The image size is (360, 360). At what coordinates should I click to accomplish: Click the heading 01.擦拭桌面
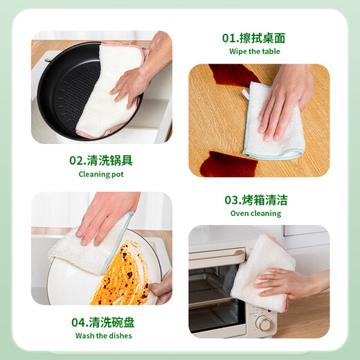[253, 38]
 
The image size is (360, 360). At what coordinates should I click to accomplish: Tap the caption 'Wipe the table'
[253, 51]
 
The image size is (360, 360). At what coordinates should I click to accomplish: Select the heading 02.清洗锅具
[100, 160]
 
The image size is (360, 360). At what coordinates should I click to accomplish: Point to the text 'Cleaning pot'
[100, 174]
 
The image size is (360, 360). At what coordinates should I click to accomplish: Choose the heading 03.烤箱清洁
[255, 200]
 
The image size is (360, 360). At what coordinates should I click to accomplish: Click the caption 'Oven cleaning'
[255, 213]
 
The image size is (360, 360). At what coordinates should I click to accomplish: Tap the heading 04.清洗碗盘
[103, 322]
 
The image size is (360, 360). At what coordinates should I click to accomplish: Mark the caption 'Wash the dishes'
[103, 336]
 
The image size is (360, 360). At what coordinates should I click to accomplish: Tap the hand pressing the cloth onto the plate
[104, 218]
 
